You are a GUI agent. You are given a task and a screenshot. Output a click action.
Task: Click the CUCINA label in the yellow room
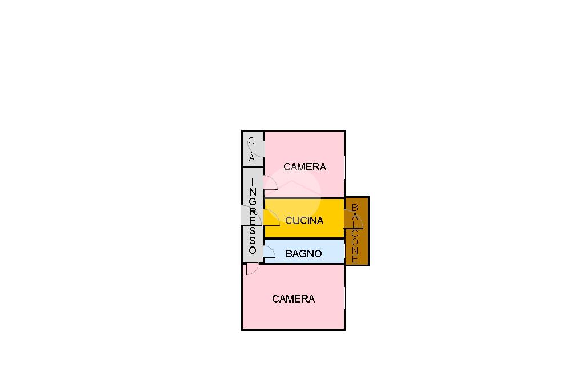pyautogui.click(x=304, y=220)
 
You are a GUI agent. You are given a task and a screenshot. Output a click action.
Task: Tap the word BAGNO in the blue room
pyautogui.click(x=304, y=254)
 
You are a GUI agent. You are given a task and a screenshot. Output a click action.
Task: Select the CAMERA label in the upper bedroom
pyautogui.click(x=305, y=166)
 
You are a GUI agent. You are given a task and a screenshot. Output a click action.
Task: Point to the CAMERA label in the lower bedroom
pyautogui.click(x=293, y=299)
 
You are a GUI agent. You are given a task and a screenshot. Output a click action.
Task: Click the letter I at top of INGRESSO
pyautogui.click(x=253, y=182)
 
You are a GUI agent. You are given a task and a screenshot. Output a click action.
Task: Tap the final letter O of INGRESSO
pyautogui.click(x=253, y=249)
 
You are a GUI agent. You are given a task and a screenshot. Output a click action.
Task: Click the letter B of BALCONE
pyautogui.click(x=355, y=208)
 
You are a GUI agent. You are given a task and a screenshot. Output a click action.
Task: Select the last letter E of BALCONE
pyautogui.click(x=355, y=258)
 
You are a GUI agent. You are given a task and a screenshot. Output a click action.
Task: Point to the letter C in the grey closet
pyautogui.click(x=251, y=141)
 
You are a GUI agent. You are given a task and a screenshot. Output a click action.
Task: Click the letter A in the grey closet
pyautogui.click(x=251, y=158)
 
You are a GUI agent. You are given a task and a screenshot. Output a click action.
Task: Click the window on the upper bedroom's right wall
pyautogui.click(x=344, y=167)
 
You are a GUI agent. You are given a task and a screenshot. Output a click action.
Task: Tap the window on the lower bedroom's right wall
pyautogui.click(x=344, y=298)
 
